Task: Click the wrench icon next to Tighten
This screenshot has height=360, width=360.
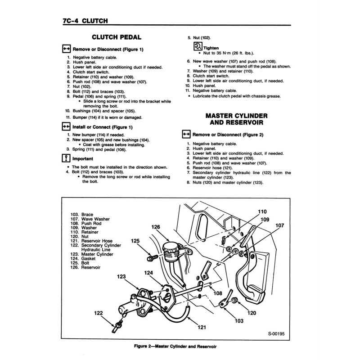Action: tap(197, 47)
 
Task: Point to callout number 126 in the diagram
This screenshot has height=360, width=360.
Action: tap(155, 227)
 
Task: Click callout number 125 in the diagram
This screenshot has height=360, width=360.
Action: tap(135, 241)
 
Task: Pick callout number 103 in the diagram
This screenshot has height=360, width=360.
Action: tap(239, 320)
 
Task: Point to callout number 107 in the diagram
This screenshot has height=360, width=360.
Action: tap(280, 225)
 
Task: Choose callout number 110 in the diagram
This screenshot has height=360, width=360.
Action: tap(262, 211)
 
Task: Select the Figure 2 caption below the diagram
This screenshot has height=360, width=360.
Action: tap(179, 346)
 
